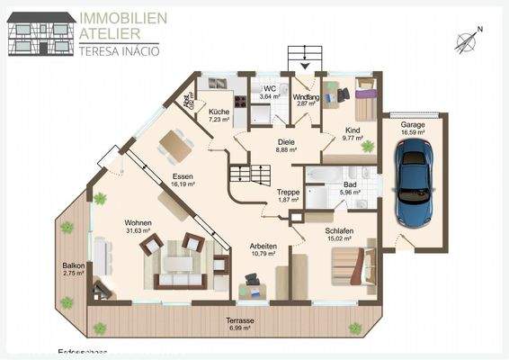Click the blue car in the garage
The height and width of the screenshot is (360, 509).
(414, 184)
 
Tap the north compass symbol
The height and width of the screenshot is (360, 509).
(467, 40)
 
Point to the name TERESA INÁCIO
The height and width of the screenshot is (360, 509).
(119, 50)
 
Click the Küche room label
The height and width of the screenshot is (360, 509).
(219, 110)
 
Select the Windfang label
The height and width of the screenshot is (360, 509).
(308, 96)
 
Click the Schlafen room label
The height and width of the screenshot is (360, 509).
(341, 230)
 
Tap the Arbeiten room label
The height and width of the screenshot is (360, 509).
(263, 247)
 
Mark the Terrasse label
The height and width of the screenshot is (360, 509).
(239, 320)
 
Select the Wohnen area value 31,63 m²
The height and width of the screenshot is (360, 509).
(138, 231)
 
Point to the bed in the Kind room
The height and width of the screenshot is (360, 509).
(366, 101)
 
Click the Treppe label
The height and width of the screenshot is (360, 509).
(288, 192)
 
